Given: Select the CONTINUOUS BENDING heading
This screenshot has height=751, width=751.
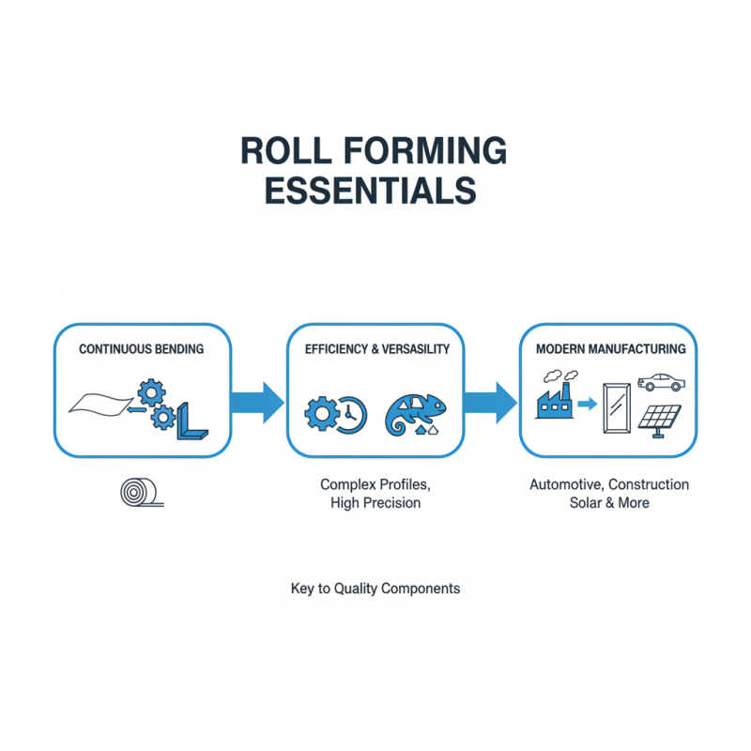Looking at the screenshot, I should coord(142,349).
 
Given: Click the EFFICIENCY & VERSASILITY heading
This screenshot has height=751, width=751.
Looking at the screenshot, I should coord(377,349).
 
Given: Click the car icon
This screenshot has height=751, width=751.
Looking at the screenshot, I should coord(659,381).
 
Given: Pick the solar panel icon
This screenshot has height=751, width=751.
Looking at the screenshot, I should coord(661,419).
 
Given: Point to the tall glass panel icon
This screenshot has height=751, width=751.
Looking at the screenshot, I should coord(615,406).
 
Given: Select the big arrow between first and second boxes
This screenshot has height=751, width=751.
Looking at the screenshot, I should coord(256,402).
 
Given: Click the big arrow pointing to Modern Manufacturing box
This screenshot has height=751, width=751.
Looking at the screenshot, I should coord(491,402).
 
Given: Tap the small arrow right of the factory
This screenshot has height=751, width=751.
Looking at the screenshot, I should coord(587,406).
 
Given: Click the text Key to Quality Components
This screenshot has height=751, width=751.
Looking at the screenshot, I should coord(375,589).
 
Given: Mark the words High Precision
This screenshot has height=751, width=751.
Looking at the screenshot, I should coord(375,503).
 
